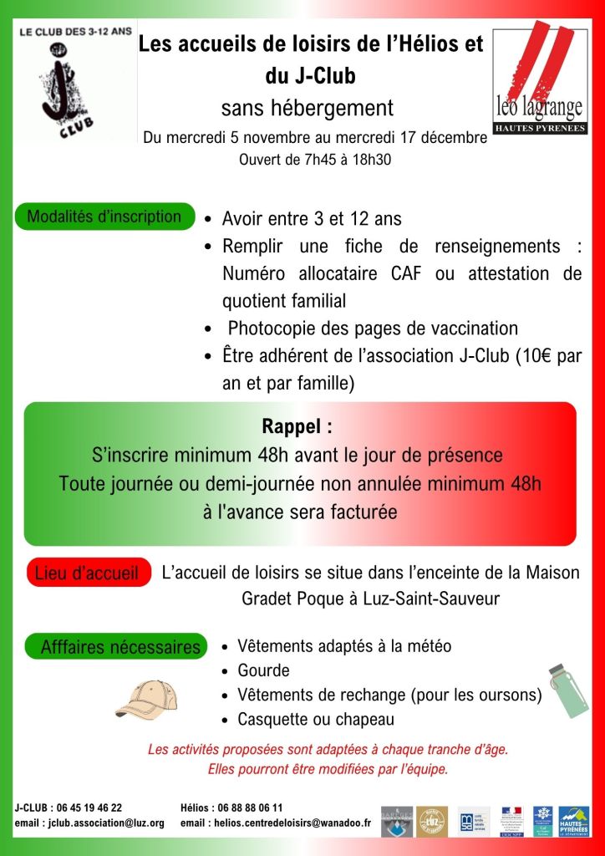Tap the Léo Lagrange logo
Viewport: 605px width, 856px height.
pyautogui.click(x=539, y=82)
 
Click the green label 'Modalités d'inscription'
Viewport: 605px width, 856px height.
pyautogui.click(x=104, y=217)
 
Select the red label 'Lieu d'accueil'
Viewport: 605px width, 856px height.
pyautogui.click(x=87, y=573)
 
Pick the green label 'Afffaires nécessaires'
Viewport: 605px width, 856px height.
pyautogui.click(x=120, y=646)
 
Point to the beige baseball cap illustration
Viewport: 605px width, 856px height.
pyautogui.click(x=145, y=700)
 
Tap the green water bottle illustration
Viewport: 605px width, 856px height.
pyautogui.click(x=568, y=690)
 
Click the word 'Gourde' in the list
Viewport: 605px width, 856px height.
pyautogui.click(x=263, y=670)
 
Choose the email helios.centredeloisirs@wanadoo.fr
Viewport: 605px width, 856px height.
pyautogui.click(x=288, y=823)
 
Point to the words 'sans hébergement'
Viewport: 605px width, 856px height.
pyautogui.click(x=307, y=108)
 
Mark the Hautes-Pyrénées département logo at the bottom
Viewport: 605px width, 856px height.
pyautogui.click(x=574, y=821)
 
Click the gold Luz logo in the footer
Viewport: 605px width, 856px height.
pyautogui.click(x=432, y=821)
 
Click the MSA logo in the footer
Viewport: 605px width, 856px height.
pyautogui.click(x=474, y=821)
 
